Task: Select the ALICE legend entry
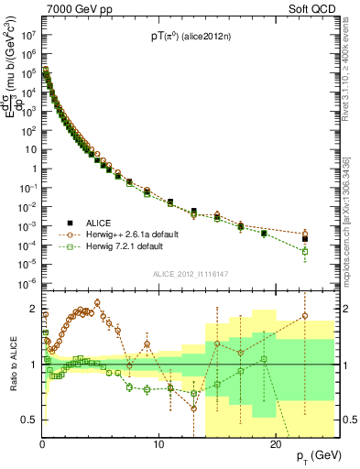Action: click(93, 223)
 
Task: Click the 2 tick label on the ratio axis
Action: click(35, 309)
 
